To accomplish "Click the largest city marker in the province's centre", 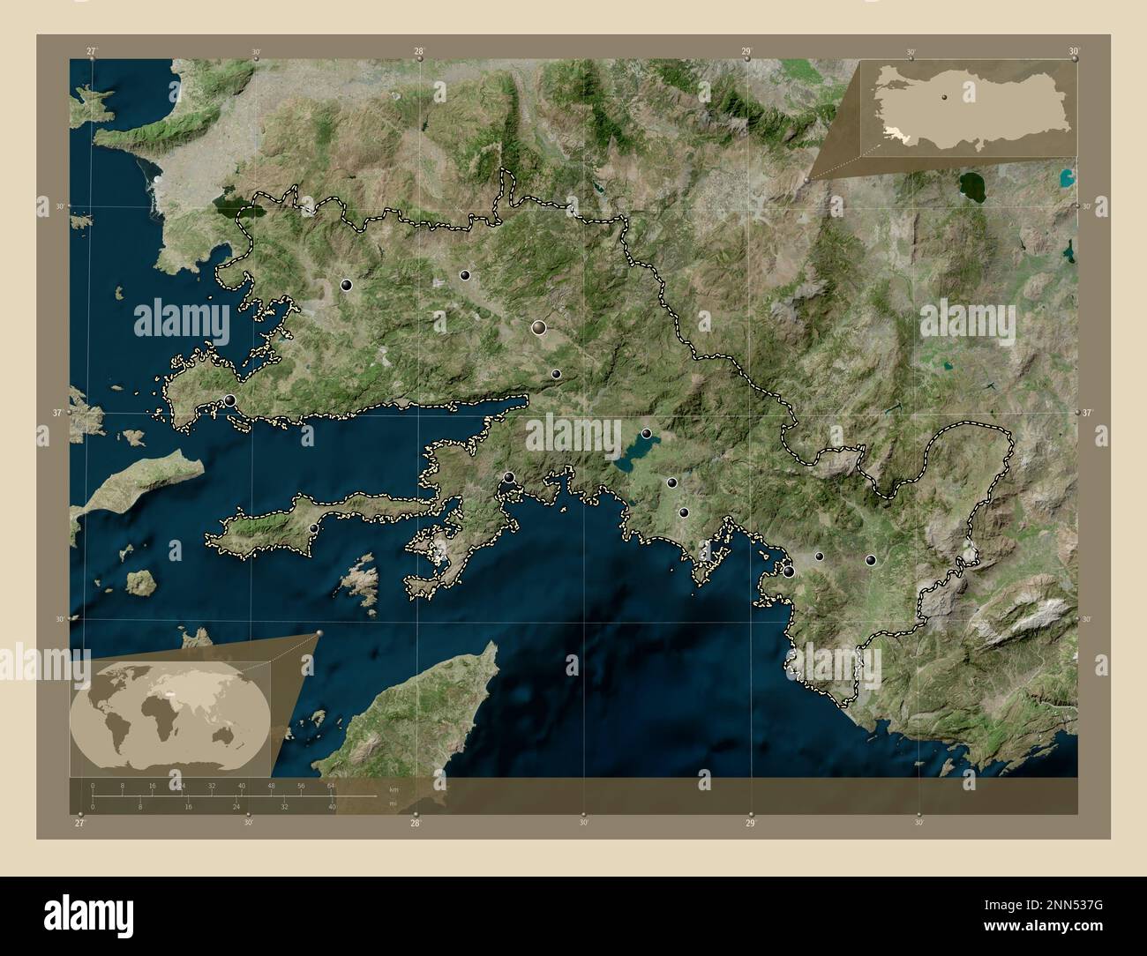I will click(538, 328).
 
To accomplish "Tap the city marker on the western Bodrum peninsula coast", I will click(230, 400).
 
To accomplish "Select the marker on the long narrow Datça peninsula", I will click(314, 528).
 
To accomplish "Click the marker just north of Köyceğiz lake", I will click(647, 434).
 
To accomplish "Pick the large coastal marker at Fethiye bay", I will click(788, 571).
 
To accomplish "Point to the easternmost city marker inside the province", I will click(871, 560).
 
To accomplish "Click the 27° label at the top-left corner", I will click(92, 51).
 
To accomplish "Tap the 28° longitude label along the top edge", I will click(421, 51).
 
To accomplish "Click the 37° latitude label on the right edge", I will click(1087, 413).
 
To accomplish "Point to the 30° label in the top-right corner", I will click(1074, 51).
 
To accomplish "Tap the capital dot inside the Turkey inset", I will click(943, 98).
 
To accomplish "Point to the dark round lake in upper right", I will click(973, 186).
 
